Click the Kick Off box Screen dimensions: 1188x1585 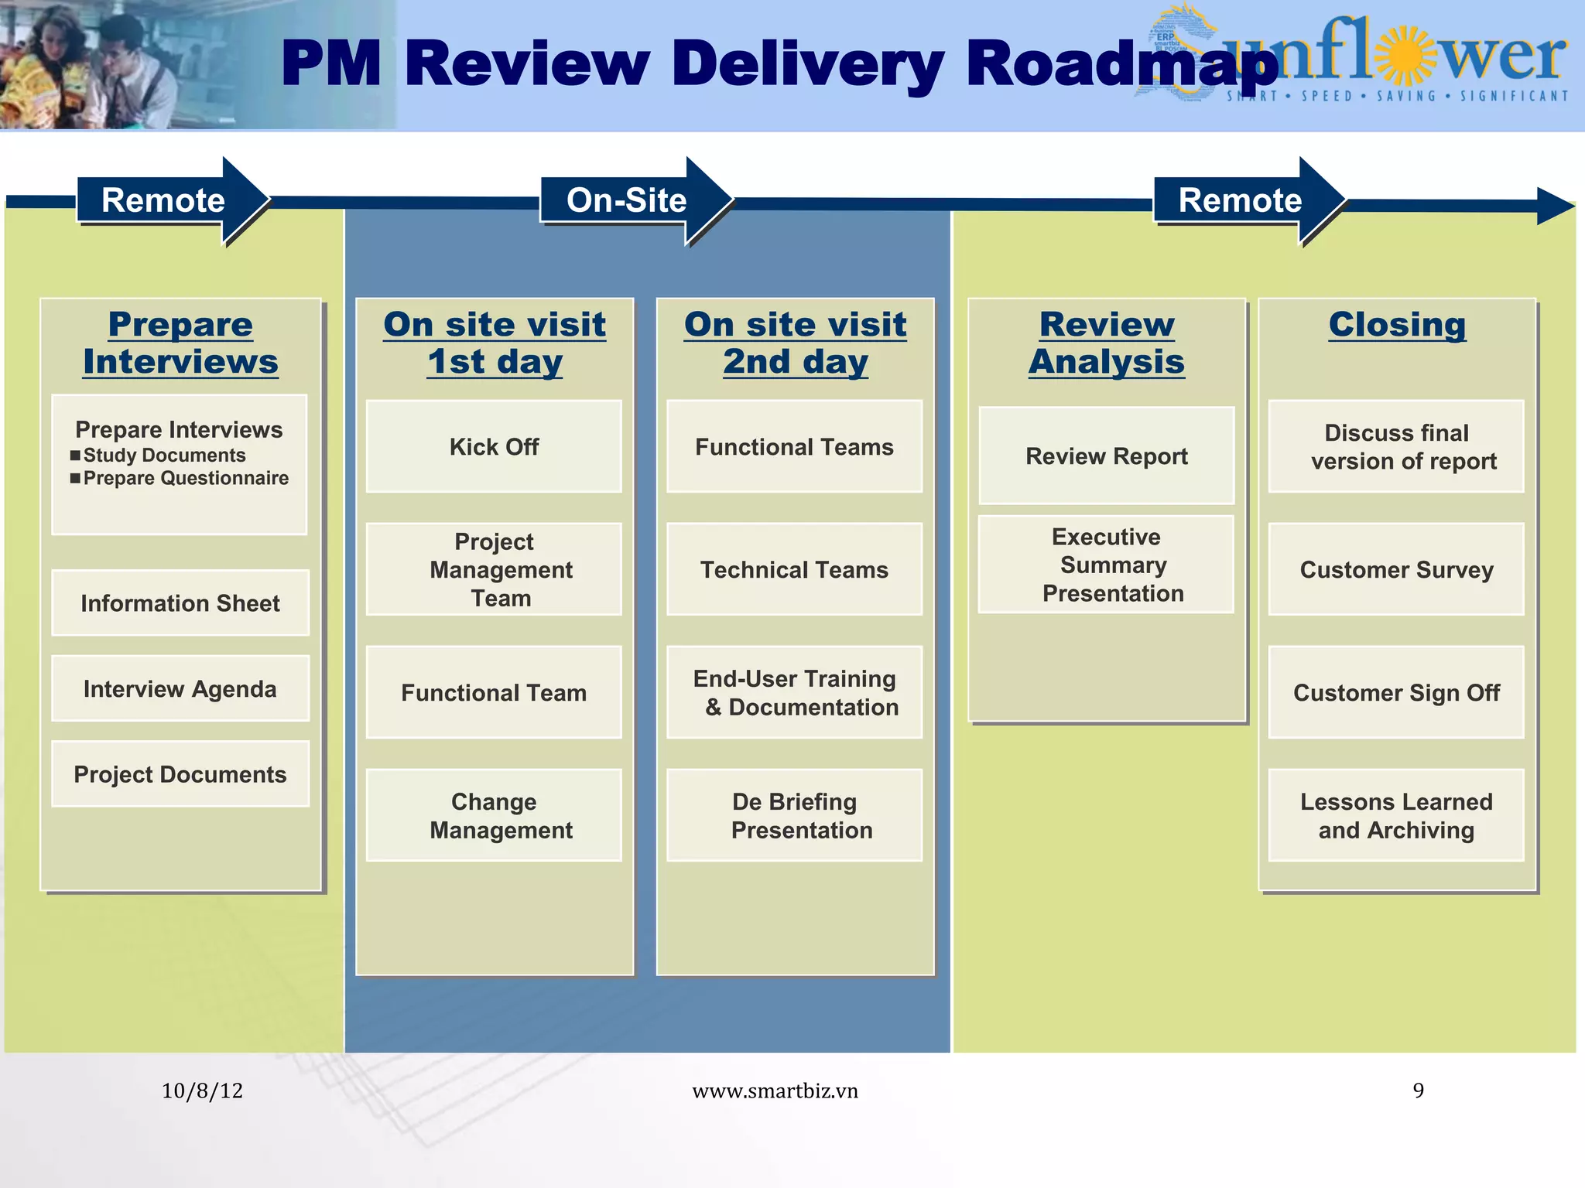click(494, 446)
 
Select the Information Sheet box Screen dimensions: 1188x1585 click(180, 603)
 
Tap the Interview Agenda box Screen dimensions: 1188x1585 click(180, 688)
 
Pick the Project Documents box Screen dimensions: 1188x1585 click(180, 774)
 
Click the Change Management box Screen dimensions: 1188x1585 click(494, 815)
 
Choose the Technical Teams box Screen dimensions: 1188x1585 click(794, 569)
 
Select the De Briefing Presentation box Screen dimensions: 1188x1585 click(794, 815)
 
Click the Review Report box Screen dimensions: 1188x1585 click(1106, 456)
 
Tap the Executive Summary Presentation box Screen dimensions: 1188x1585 click(1106, 565)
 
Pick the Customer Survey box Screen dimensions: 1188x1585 click(1396, 569)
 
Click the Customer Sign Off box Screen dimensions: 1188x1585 click(1396, 692)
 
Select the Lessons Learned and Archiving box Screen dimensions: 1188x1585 click(1396, 815)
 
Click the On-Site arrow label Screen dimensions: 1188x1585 click(627, 200)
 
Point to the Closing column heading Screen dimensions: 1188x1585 click(1397, 324)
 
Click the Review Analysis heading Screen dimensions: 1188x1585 click(1107, 343)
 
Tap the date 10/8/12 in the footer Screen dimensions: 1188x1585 click(202, 1091)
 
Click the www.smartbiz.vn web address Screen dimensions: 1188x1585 click(775, 1091)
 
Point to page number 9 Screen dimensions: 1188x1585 click(1418, 1091)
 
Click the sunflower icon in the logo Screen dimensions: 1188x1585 click(1407, 56)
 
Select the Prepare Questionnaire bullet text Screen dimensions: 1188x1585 click(186, 478)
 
